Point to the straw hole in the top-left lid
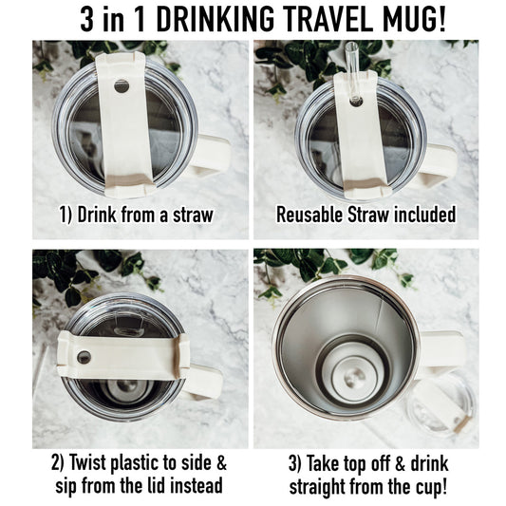point(122,86)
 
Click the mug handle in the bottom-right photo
point(440,352)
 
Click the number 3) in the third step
point(293,465)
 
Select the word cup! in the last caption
point(435,487)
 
